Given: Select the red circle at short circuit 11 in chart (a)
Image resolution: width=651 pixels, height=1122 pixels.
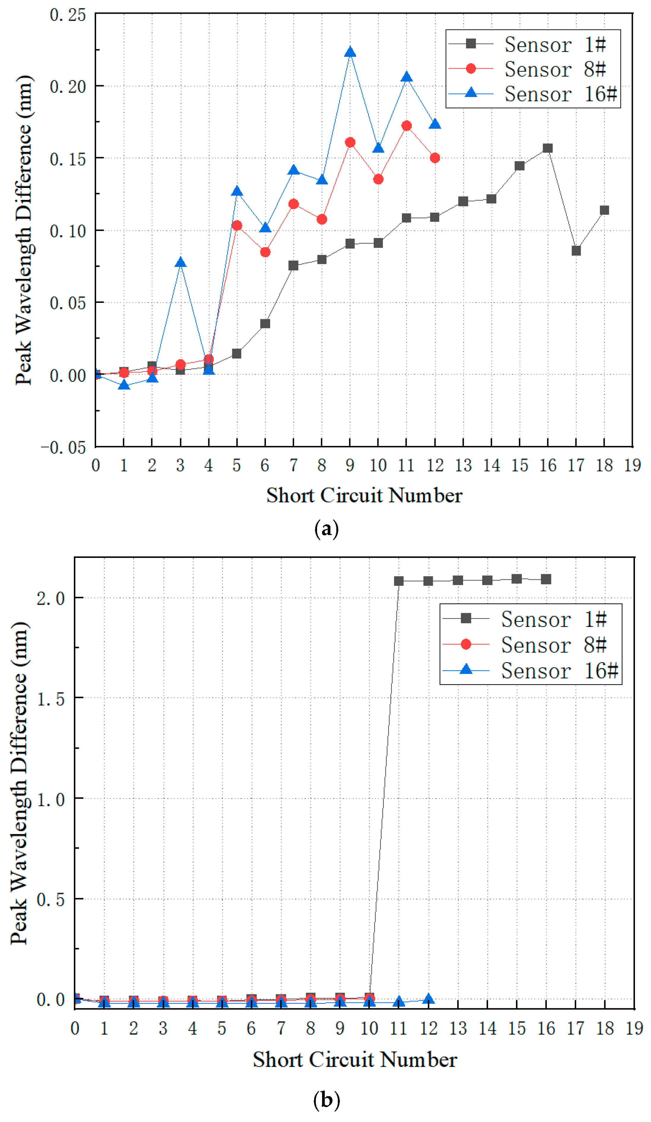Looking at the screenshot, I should click(x=406, y=126).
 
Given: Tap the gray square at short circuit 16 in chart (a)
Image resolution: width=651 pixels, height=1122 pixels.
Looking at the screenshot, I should click(x=547, y=148).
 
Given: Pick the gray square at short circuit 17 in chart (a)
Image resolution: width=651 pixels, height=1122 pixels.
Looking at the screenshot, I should click(x=576, y=251).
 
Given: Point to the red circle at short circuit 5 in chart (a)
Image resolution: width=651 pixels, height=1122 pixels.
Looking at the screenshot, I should click(x=237, y=226).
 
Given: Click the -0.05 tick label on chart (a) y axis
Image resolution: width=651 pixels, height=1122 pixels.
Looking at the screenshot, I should click(x=63, y=447).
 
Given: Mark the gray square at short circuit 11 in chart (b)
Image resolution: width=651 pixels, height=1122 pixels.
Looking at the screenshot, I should click(x=398, y=581).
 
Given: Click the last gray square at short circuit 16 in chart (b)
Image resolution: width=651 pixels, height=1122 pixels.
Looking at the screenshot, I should click(x=546, y=579).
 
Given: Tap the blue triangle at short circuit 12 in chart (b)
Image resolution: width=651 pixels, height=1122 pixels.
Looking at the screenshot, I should click(x=428, y=999).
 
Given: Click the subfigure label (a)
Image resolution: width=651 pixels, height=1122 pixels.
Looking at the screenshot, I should click(x=327, y=528).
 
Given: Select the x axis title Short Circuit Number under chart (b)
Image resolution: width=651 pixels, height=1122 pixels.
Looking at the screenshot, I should click(x=355, y=1059).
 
